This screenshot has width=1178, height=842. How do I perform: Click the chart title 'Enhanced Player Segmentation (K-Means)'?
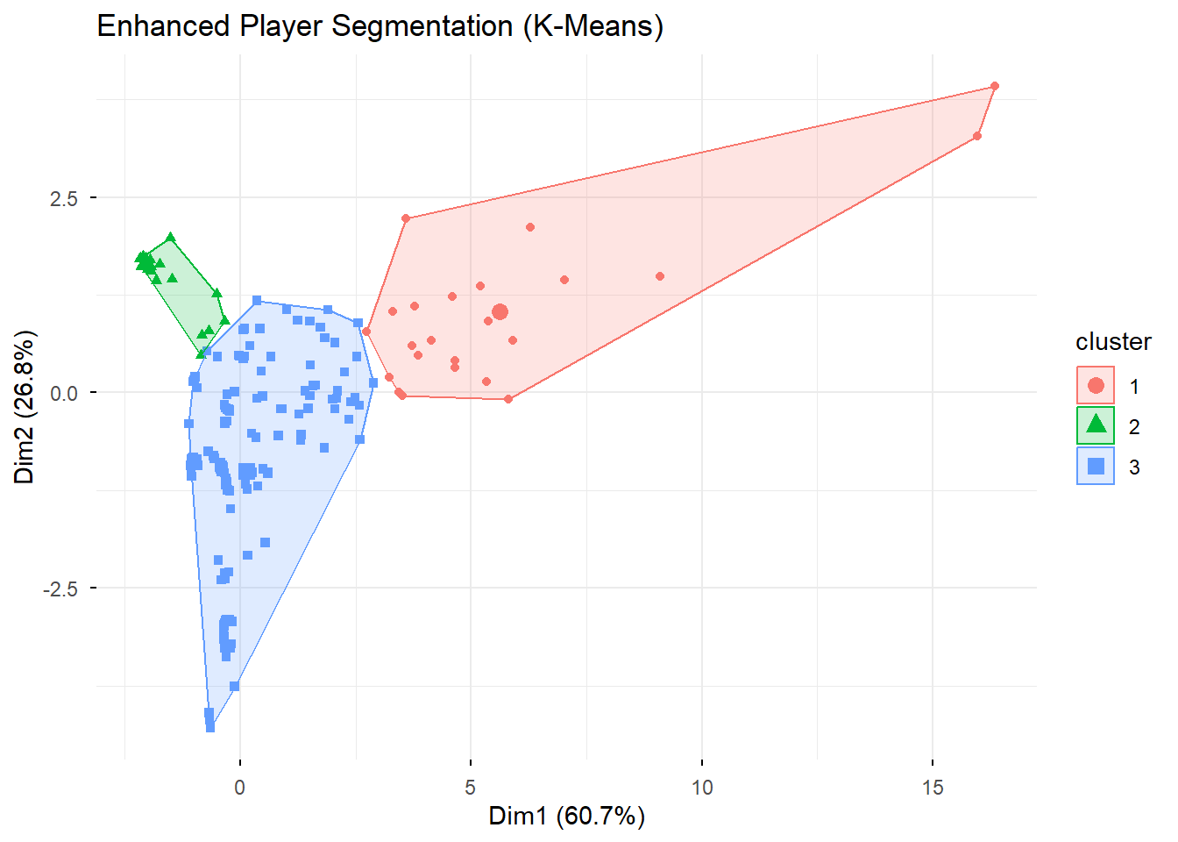coord(380,26)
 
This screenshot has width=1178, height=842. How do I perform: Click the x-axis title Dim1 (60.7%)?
coord(566,817)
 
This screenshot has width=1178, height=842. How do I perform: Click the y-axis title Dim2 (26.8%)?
coord(25,407)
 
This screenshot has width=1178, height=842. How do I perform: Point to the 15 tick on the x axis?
coord(933,787)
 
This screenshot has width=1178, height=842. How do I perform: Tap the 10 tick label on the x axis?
coord(702,787)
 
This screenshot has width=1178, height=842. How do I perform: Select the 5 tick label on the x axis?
coord(471,787)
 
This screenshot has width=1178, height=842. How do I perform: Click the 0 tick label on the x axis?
coord(240,787)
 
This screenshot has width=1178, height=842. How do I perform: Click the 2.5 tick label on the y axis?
coord(64,199)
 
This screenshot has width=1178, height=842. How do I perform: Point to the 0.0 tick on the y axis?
coord(64,394)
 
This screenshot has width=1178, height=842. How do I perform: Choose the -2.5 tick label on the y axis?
coord(60,589)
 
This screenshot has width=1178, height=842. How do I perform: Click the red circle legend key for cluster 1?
coord(1096,385)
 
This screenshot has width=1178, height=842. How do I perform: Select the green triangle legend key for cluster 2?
coord(1096,425)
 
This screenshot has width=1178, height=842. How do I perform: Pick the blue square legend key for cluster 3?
coord(1096,466)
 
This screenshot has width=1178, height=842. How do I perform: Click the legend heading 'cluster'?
coord(1113,342)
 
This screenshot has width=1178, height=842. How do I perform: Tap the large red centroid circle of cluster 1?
coord(500,312)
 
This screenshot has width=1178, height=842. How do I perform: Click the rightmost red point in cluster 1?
coord(994,86)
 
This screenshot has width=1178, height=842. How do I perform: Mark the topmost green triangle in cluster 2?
coord(171,238)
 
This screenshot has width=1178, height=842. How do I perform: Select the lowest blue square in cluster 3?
coord(210,727)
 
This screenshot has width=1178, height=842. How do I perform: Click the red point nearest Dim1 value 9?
coord(660,276)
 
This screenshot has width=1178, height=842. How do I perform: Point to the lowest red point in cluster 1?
coord(508,399)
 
